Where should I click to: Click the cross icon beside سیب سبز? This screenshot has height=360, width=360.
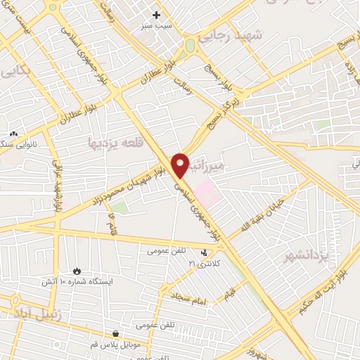[x=157, y=14]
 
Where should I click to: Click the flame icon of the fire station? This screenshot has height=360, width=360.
[x=77, y=271]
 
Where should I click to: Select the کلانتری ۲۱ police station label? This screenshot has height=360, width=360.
[x=204, y=263]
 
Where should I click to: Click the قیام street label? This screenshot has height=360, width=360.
[x=231, y=294]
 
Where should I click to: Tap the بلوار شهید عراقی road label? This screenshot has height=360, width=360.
[x=57, y=185]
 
